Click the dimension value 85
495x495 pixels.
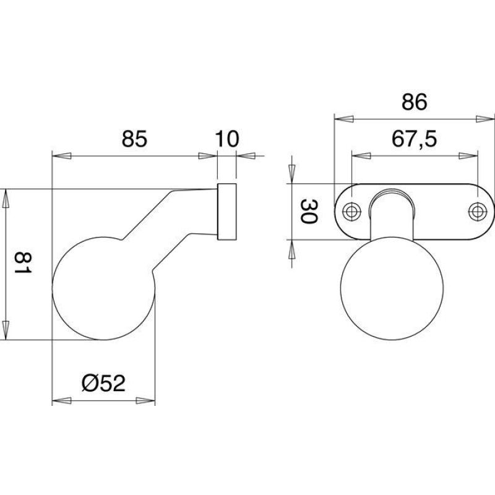(134, 139)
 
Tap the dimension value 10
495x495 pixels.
(226, 139)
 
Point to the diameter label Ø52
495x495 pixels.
(103, 383)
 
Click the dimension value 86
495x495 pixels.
(414, 102)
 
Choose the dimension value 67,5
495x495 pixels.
(414, 139)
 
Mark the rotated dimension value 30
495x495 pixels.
(309, 211)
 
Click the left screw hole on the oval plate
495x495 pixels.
(351, 211)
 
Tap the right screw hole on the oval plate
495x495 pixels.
(477, 211)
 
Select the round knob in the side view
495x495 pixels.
(103, 288)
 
